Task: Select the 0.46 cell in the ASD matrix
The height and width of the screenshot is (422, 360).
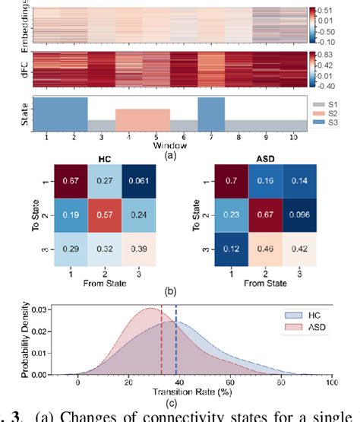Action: pyautogui.click(x=263, y=249)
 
